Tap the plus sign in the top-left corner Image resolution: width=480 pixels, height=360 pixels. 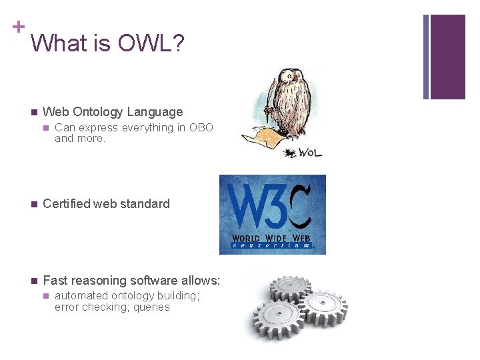tap(18, 27)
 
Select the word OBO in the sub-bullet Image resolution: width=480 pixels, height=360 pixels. tap(201, 127)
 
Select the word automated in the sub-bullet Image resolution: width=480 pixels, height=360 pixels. tap(81, 295)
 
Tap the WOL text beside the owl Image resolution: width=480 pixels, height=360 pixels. tap(308, 153)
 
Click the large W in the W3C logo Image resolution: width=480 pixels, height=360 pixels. tap(247, 207)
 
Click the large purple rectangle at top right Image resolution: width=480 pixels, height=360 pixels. tap(447, 57)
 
